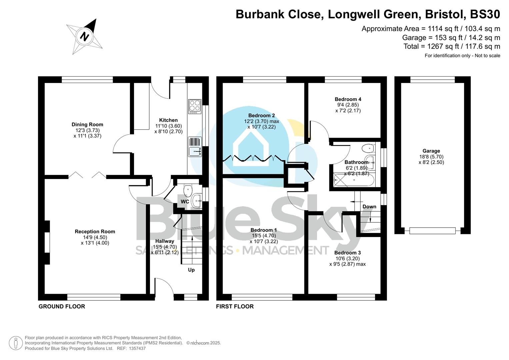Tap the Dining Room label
coord(87,124)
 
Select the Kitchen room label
coord(168,120)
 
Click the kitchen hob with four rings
coord(195,106)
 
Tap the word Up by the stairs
coord(191,270)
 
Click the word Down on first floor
coord(369,207)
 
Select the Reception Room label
coord(95,231)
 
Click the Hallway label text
coord(165,241)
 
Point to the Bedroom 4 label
coord(348,99)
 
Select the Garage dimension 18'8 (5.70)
coord(431,157)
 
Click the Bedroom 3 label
coord(348,253)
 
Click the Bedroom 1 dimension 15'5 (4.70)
coord(264,236)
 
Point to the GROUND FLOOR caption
coord(62,306)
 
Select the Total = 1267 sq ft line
coord(452,46)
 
